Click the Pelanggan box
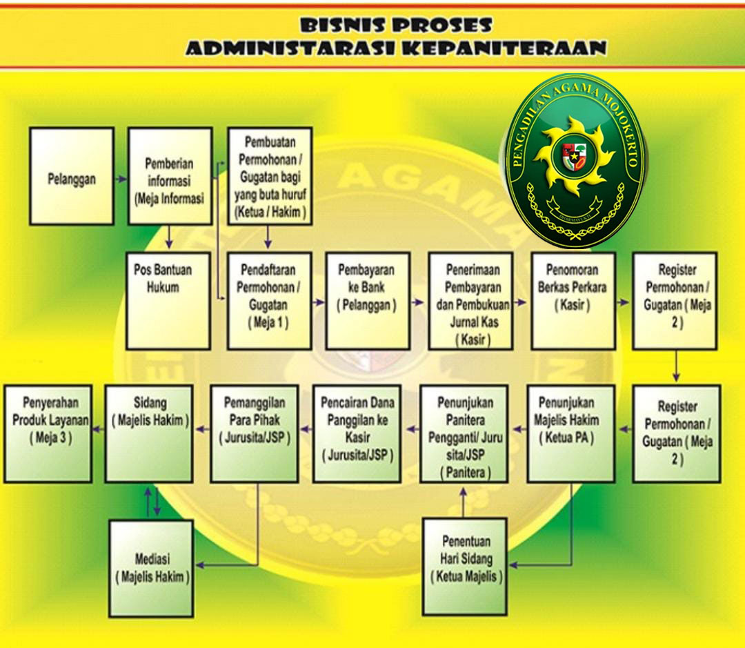tap(72, 176)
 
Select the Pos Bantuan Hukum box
tap(168, 300)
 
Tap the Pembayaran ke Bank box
tap(367, 300)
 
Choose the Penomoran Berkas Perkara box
tap(573, 300)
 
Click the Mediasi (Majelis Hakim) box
tap(152, 568)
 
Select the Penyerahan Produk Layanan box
tap(48, 433)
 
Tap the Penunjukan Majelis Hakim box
tap(570, 433)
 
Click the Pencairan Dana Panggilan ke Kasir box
tap(356, 433)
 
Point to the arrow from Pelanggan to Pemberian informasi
tap(121, 179)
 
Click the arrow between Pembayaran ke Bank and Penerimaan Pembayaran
tap(418, 302)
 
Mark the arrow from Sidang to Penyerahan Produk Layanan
tap(99, 429)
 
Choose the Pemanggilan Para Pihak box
tap(254, 433)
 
